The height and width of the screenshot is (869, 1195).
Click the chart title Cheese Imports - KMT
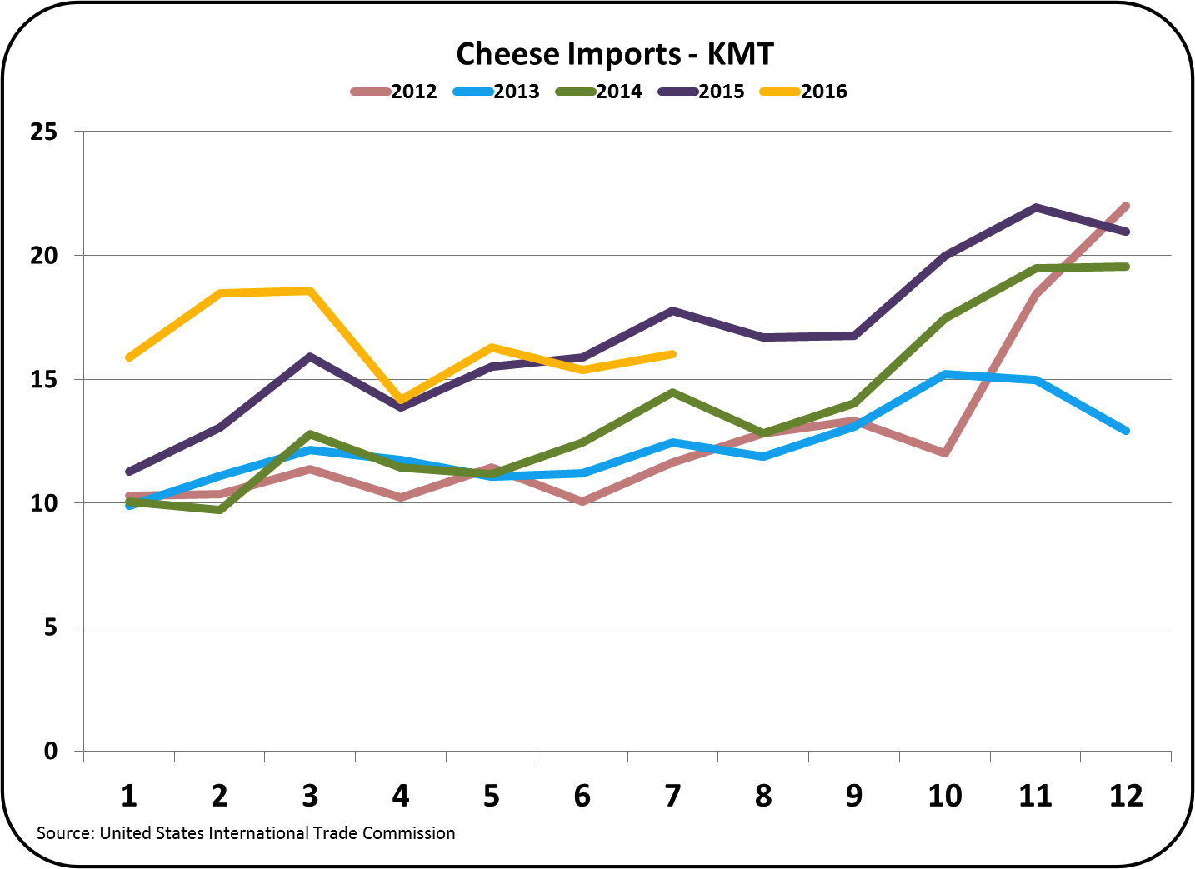tap(614, 54)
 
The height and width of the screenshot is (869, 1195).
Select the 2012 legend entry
tap(393, 92)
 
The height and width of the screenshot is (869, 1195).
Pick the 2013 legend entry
tap(496, 92)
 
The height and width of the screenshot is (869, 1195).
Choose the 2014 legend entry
tap(598, 92)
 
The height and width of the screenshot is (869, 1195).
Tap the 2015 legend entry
tap(701, 92)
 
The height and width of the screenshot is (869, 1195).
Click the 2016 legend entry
tap(803, 92)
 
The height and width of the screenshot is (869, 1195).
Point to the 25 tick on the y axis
tap(43, 132)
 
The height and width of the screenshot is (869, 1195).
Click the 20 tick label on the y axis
tap(43, 256)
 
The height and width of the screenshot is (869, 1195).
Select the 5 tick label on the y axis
tap(51, 627)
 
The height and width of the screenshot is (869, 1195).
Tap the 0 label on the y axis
tap(51, 752)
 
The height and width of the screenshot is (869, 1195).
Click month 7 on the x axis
tap(672, 796)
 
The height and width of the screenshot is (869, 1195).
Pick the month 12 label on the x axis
tap(1126, 796)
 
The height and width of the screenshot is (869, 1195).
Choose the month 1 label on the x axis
tap(129, 796)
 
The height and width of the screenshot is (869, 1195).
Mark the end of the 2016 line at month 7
tap(672, 354)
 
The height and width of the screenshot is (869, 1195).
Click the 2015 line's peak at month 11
tap(1036, 207)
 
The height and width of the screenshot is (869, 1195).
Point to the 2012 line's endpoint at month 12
tap(1126, 206)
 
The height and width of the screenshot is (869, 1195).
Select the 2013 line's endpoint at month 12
tap(1126, 431)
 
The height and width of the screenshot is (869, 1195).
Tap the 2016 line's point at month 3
tap(310, 291)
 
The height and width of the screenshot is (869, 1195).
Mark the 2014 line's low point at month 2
tap(220, 510)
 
